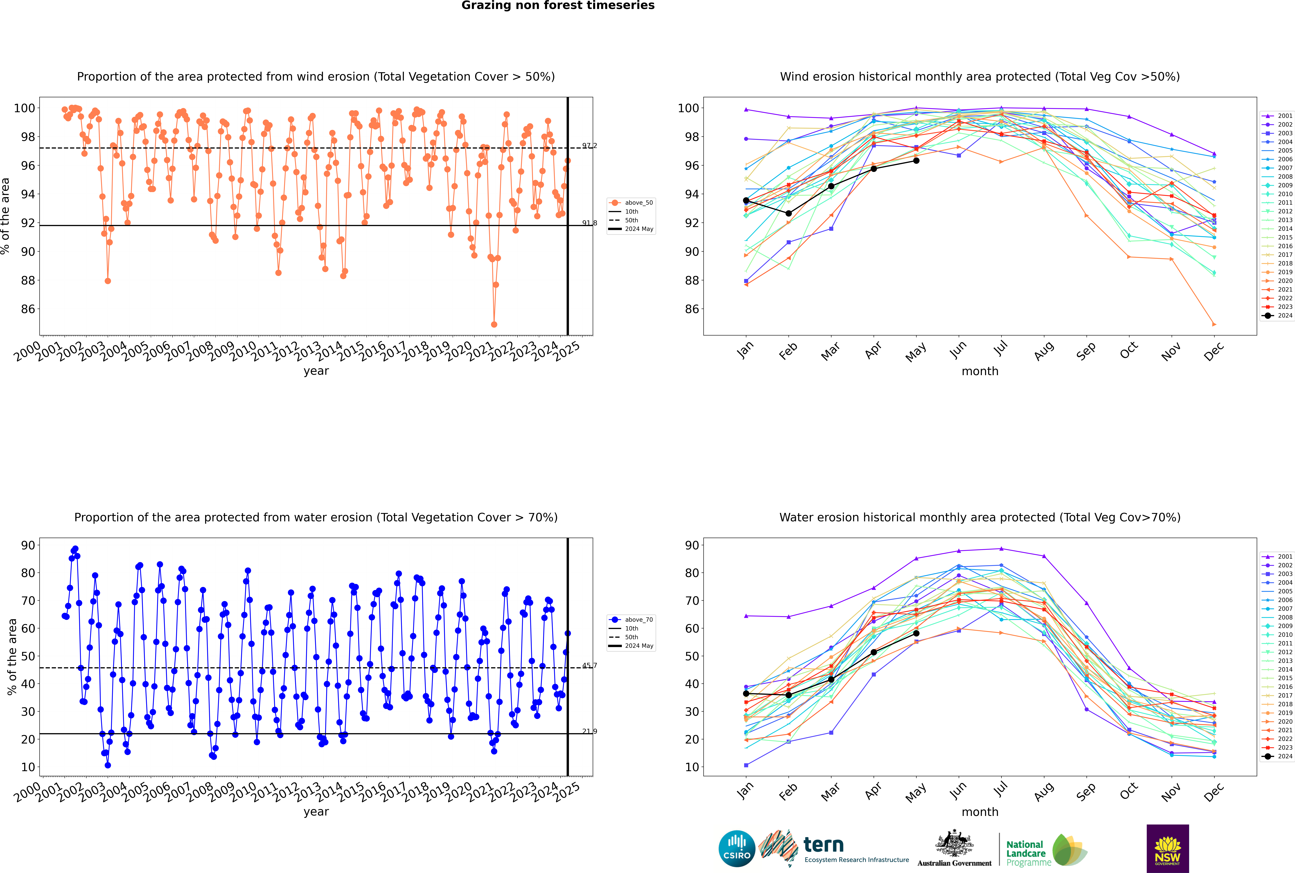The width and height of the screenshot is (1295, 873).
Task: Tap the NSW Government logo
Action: (x=1167, y=848)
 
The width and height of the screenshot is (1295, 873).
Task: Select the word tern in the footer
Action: (x=823, y=845)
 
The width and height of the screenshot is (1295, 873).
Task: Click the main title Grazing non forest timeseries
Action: (x=558, y=6)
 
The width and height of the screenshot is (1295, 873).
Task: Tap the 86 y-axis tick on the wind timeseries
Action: (x=28, y=309)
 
